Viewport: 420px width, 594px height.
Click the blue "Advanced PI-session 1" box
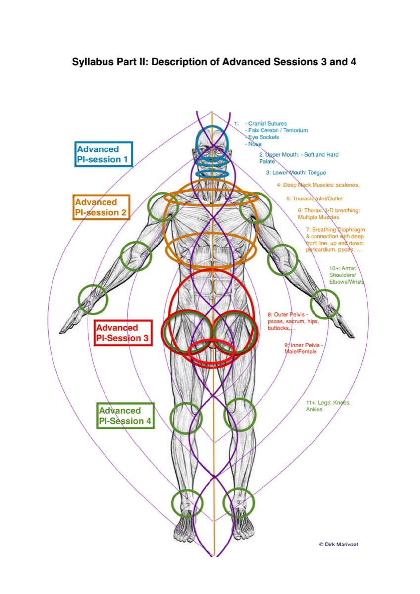[104, 154]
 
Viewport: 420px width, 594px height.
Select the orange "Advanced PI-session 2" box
[101, 207]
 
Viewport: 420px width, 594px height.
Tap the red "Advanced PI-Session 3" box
[122, 333]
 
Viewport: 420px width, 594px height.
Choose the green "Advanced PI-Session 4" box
[125, 416]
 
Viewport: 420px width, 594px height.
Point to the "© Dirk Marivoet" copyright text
[338, 544]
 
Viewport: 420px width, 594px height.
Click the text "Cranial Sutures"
[267, 124]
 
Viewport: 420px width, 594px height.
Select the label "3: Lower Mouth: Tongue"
[296, 173]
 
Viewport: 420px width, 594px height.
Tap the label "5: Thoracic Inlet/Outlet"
[315, 198]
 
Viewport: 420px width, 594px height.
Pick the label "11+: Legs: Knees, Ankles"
[328, 406]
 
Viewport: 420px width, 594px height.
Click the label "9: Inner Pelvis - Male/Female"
[304, 348]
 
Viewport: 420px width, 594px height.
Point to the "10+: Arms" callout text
[346, 275]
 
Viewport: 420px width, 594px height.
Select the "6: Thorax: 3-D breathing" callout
[328, 214]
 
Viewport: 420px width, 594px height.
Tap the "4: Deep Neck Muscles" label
[318, 185]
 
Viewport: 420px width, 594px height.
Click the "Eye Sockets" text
[263, 137]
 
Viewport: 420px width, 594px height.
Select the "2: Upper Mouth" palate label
[298, 158]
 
